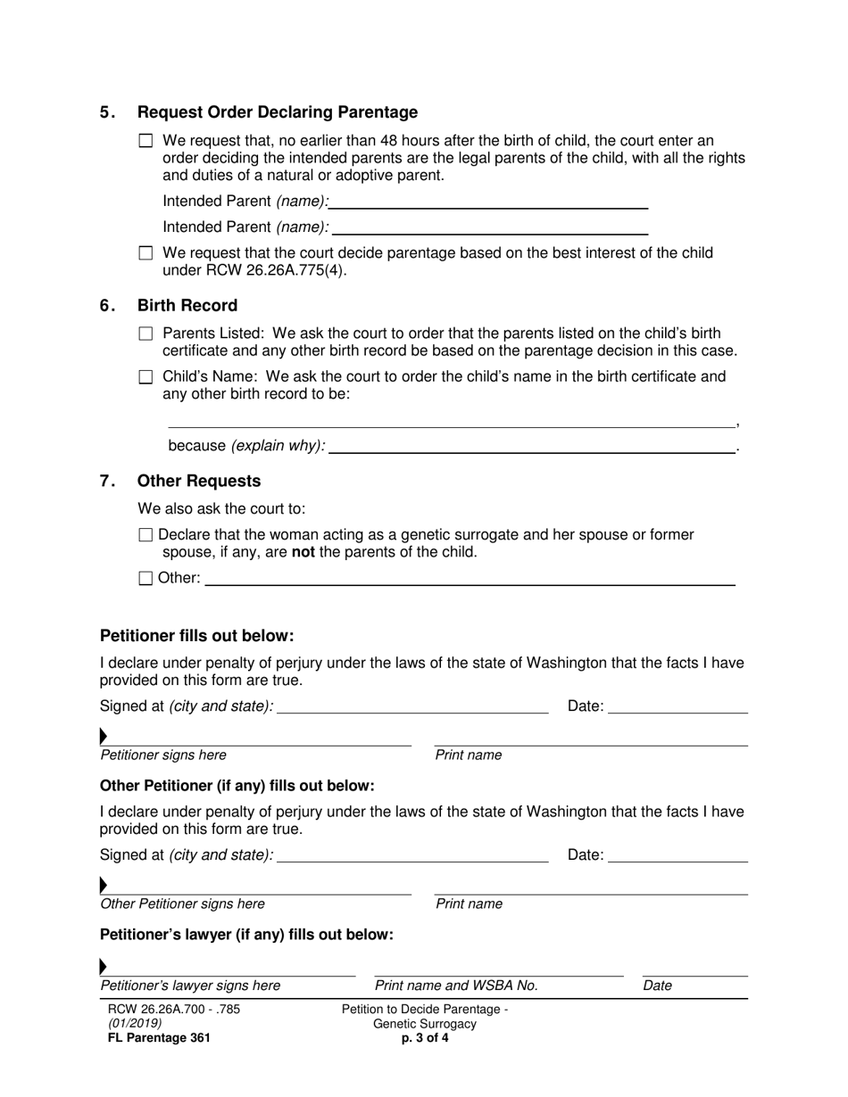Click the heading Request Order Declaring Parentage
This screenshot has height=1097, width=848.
click(x=277, y=112)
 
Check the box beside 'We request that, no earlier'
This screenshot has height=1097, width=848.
click(x=146, y=141)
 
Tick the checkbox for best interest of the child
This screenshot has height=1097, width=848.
click(x=146, y=253)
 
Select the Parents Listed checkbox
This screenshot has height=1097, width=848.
click(x=146, y=334)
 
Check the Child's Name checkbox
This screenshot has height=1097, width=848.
click(x=146, y=377)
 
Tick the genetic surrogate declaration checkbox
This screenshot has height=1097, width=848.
click(x=146, y=535)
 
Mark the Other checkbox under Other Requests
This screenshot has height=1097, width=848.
click(x=146, y=578)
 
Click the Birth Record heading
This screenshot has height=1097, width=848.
click(x=187, y=306)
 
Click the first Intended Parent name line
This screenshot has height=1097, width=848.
click(x=489, y=202)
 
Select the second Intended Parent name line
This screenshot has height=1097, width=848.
click(x=489, y=228)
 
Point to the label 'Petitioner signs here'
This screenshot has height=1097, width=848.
click(x=163, y=755)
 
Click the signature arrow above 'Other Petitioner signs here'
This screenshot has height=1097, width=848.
click(x=104, y=886)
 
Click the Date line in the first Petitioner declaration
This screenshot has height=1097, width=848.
click(x=678, y=708)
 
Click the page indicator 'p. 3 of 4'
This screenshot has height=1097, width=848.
click(x=425, y=1038)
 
